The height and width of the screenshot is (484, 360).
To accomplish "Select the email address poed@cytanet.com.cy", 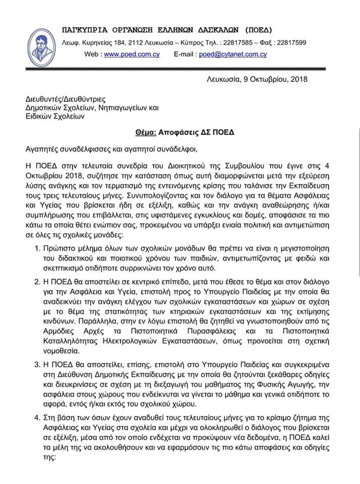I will [232, 54].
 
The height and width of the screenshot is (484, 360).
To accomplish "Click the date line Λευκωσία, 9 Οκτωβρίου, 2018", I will [257, 79].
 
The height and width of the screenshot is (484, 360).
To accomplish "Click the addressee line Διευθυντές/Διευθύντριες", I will [66, 99].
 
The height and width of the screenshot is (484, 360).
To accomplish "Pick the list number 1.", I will [37, 249].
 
